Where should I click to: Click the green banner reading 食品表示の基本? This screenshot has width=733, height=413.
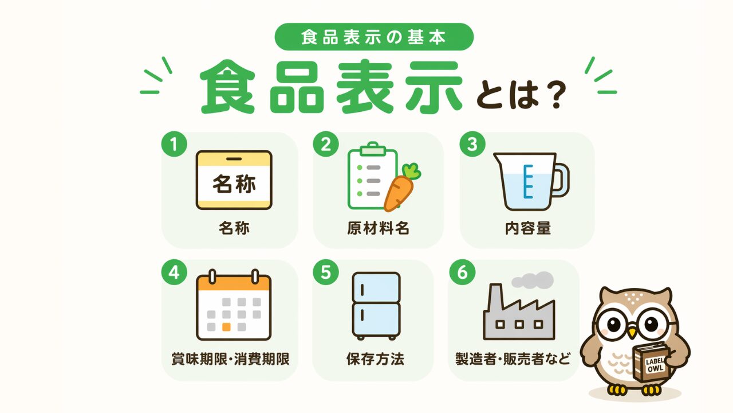point(374,37)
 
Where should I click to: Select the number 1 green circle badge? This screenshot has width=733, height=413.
point(174,144)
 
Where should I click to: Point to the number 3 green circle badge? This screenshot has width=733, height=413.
point(472,144)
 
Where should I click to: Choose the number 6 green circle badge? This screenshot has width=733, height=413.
point(462,272)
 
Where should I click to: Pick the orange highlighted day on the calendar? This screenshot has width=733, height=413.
point(226,327)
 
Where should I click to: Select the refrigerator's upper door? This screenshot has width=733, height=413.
point(376,287)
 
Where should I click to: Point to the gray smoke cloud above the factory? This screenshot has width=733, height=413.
point(533,280)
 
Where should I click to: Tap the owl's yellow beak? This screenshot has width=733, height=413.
point(633,333)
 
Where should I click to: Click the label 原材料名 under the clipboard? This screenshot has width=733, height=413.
point(378,228)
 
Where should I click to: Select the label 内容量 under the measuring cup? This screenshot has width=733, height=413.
point(527,228)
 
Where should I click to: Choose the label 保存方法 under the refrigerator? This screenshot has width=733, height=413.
point(375,359)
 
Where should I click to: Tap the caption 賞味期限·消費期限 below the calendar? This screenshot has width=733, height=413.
point(230,359)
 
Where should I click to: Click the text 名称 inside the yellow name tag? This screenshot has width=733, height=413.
point(234,184)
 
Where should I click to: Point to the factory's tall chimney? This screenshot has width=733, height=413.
point(494,298)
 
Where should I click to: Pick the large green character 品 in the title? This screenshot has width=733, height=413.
point(297,87)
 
